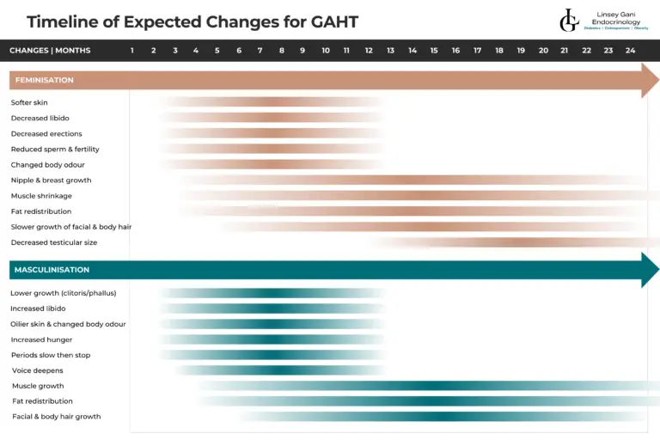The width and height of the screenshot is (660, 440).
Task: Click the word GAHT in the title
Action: coord(330,21)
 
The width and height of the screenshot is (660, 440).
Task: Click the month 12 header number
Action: coord(369,51)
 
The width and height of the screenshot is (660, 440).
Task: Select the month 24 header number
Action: coord(630,51)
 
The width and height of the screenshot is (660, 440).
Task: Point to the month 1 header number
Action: coord(132,51)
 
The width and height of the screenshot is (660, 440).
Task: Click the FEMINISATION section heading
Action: coord(45,80)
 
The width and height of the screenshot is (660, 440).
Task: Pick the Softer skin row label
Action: coord(29,103)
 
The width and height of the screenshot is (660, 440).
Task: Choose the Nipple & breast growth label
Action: coord(51,180)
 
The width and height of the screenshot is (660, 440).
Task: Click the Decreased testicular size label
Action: coord(54,242)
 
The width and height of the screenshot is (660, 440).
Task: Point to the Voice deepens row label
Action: coord(37,370)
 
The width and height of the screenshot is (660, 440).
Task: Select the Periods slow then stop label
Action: coord(51,355)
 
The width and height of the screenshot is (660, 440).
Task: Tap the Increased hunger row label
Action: coord(41,339)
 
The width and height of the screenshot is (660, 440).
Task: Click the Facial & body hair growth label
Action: coord(56,417)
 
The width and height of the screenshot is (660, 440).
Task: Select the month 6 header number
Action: coord(239,51)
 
